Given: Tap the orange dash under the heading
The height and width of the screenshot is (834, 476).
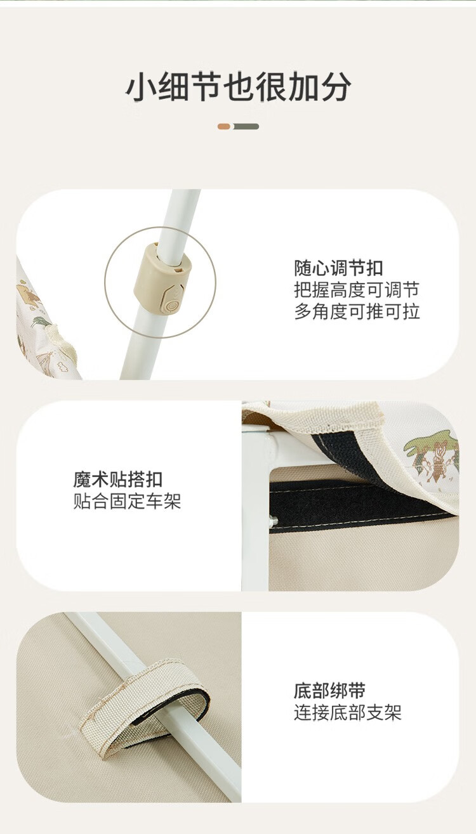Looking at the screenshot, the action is (x=224, y=127).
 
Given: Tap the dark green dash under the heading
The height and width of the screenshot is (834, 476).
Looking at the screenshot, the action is (x=246, y=127).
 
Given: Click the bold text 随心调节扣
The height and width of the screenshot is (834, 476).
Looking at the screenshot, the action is (x=338, y=268).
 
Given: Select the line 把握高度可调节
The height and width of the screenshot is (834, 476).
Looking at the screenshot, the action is (x=357, y=290).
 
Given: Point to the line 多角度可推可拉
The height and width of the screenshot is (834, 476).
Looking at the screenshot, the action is (x=357, y=311).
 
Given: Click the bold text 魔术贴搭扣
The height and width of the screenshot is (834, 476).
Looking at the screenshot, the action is (x=117, y=479).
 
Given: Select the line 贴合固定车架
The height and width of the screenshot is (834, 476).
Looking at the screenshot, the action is (x=127, y=501).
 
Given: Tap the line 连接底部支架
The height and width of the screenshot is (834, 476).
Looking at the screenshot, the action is (x=348, y=713).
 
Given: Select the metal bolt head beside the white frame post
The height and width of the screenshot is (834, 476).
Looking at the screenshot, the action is (x=273, y=521).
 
